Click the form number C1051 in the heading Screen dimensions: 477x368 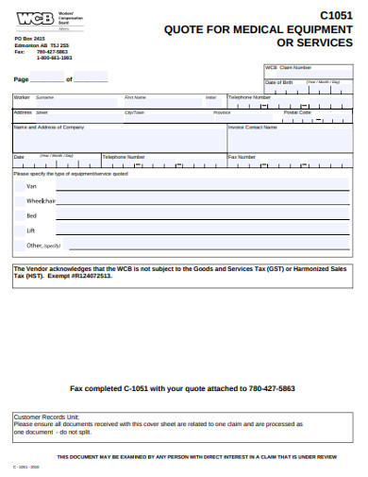pyautogui.click(x=338, y=15)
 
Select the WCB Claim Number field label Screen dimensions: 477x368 pyautogui.click(x=288, y=68)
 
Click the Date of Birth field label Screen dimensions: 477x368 pyautogui.click(x=279, y=82)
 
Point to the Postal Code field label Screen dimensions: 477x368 pyautogui.click(x=297, y=111)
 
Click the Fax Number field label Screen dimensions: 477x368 pyautogui.click(x=242, y=156)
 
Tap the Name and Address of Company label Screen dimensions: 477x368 pyautogui.click(x=49, y=127)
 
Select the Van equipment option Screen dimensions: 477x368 pyautogui.click(x=32, y=187)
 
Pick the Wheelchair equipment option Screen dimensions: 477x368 pyautogui.click(x=42, y=201)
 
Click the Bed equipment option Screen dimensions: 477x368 pyautogui.click(x=32, y=216)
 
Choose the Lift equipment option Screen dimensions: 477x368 pyautogui.click(x=31, y=230)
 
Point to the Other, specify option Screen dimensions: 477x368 pyautogui.click(x=43, y=245)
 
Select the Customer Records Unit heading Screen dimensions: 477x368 pyautogui.click(x=47, y=417)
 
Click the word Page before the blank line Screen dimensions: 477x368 pyautogui.click(x=22, y=79)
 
